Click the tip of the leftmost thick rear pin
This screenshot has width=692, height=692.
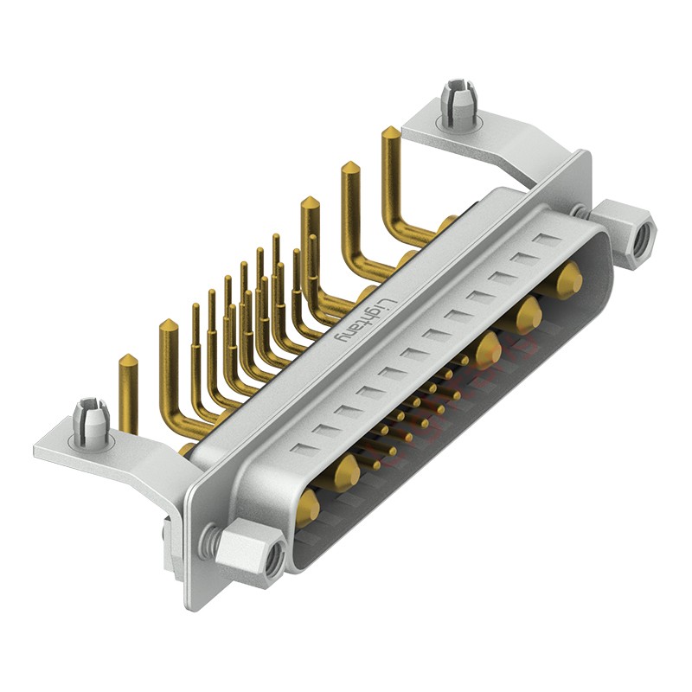pyautogui.click(x=127, y=361)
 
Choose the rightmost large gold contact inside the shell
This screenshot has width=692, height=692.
pyautogui.click(x=567, y=280)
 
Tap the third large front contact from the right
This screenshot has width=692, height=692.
pyautogui.click(x=488, y=349)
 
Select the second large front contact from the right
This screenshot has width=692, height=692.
pyautogui.click(x=529, y=315)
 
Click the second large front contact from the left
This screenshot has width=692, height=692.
pyautogui.click(x=346, y=472)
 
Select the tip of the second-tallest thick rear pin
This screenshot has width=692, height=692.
pyautogui.click(x=351, y=168)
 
